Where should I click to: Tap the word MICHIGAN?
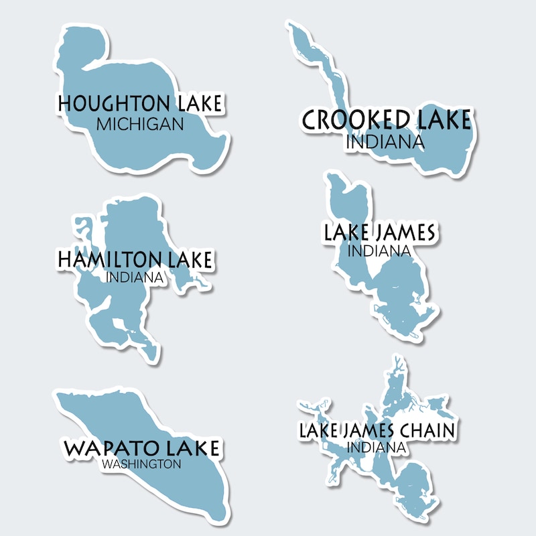click(139, 124)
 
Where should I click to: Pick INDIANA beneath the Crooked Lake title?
click(385, 141)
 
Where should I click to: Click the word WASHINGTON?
click(142, 464)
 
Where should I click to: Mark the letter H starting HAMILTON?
click(66, 259)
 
